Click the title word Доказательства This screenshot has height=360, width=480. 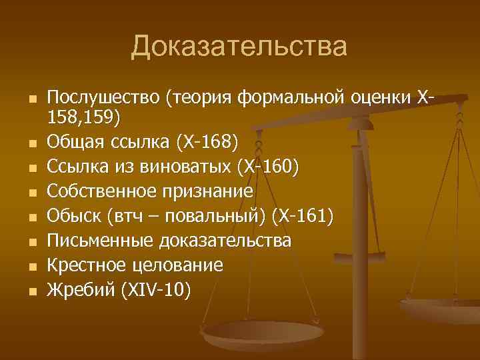(x=239, y=47)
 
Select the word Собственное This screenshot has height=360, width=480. (x=102, y=192)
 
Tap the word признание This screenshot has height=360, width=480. (x=207, y=192)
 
